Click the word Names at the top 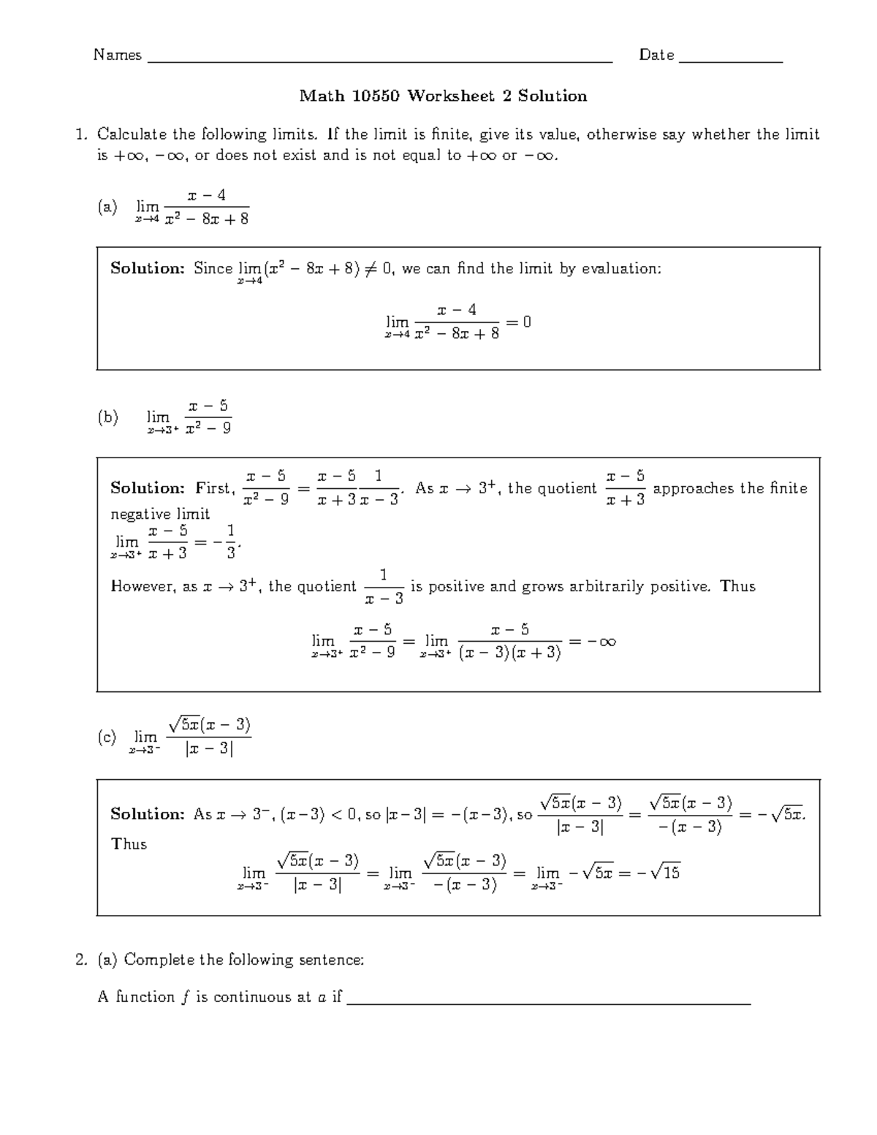click(x=117, y=56)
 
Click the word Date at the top click(x=656, y=56)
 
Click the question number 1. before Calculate click(x=82, y=134)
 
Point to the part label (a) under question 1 click(x=107, y=208)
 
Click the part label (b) click(x=107, y=417)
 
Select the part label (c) click(x=107, y=737)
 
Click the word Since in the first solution click(x=213, y=269)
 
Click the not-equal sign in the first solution click(x=371, y=269)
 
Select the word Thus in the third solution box click(x=129, y=844)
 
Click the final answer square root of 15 click(x=664, y=872)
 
